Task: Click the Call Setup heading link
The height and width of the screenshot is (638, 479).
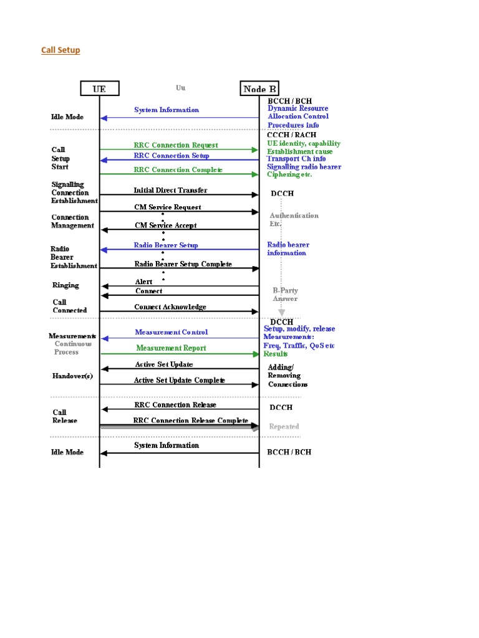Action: pyautogui.click(x=60, y=50)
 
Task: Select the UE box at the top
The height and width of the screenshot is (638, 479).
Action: pyautogui.click(x=99, y=88)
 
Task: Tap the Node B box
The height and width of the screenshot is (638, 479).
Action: pyautogui.click(x=259, y=88)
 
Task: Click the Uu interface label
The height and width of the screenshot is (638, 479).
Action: pyautogui.click(x=180, y=88)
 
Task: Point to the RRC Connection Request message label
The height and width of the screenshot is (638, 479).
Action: pyautogui.click(x=176, y=145)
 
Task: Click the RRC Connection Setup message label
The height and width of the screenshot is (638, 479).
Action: pyautogui.click(x=172, y=156)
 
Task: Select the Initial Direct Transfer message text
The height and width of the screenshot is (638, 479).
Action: pyautogui.click(x=170, y=190)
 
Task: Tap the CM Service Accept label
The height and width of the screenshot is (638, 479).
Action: pyautogui.click(x=166, y=226)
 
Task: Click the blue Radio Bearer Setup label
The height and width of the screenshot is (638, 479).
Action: pyautogui.click(x=166, y=245)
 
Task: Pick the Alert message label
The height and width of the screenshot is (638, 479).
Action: pyautogui.click(x=143, y=282)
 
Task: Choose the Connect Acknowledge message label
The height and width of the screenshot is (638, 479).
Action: pyautogui.click(x=170, y=307)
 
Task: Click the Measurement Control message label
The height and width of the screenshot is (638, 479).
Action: pyautogui.click(x=172, y=333)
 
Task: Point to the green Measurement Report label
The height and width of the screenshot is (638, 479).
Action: pyautogui.click(x=172, y=348)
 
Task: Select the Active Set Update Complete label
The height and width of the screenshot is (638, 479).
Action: pyautogui.click(x=180, y=380)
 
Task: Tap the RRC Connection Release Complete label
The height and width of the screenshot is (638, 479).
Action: pyautogui.click(x=191, y=421)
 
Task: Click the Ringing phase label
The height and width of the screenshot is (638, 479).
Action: pyautogui.click(x=66, y=285)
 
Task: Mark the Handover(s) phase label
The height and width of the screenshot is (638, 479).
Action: pyautogui.click(x=72, y=376)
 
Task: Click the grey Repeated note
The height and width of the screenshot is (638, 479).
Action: pyautogui.click(x=284, y=427)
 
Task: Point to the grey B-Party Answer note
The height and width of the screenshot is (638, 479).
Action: pyautogui.click(x=285, y=295)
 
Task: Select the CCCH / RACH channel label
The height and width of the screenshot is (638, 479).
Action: pyautogui.click(x=291, y=135)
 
